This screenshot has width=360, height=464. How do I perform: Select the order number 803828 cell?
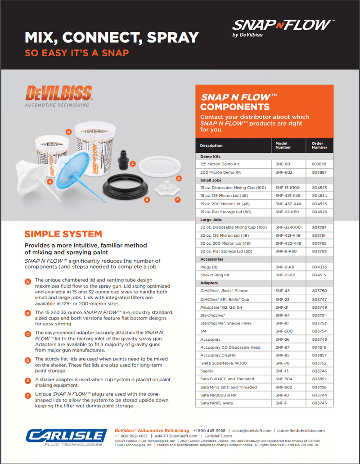(x=319, y=164)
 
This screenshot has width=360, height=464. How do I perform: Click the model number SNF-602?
(x=283, y=172)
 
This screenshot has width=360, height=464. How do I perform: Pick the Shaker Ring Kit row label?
(x=215, y=275)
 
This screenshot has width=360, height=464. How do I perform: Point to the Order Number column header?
(x=319, y=145)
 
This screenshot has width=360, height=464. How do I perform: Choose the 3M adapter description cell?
(x=204, y=331)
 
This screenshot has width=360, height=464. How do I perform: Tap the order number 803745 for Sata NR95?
(x=319, y=403)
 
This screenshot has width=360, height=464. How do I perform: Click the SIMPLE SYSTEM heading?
(x=63, y=234)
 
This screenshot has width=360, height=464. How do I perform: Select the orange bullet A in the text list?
(x=28, y=281)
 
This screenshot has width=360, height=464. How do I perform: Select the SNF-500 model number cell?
(x=283, y=331)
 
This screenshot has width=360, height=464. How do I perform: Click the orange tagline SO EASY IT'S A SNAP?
(x=76, y=53)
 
